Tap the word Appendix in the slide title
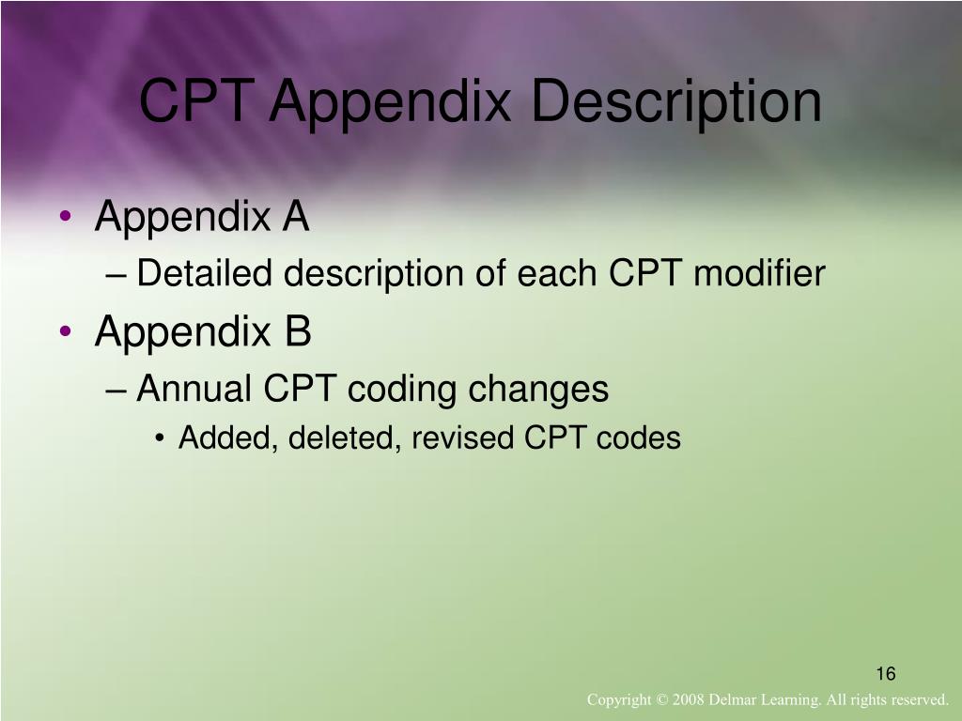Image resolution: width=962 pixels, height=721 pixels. (x=390, y=102)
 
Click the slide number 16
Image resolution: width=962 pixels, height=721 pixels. (x=886, y=674)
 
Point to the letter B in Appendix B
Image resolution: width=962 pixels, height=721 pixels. (x=297, y=330)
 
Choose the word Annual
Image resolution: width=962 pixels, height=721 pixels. (x=194, y=388)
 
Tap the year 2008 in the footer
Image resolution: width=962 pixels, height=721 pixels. (x=690, y=700)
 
